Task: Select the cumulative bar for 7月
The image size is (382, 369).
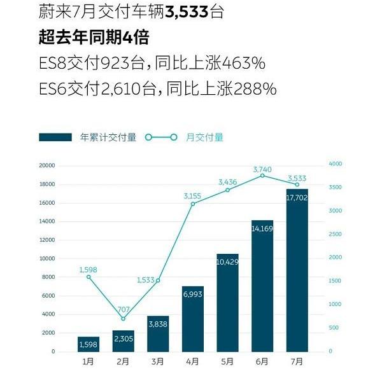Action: [297, 270]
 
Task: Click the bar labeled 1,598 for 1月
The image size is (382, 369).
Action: [88, 344]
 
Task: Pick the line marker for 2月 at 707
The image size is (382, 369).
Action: [124, 319]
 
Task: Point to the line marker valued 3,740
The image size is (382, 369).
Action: [262, 176]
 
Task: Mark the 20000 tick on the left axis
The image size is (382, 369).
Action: [47, 165]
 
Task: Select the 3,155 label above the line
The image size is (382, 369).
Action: [192, 195]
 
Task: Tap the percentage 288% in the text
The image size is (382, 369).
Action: [254, 89]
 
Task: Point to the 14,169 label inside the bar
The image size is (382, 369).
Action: [262, 228]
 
